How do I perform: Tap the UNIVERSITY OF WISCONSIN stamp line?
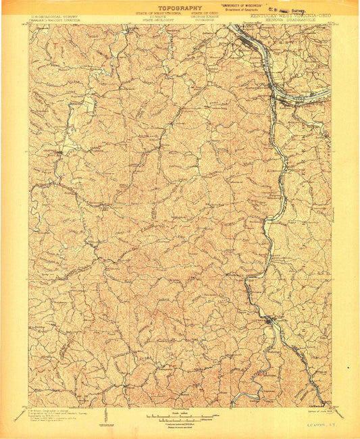(244, 5)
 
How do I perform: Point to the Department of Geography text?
(245, 11)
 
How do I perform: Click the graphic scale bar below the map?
(179, 414)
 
